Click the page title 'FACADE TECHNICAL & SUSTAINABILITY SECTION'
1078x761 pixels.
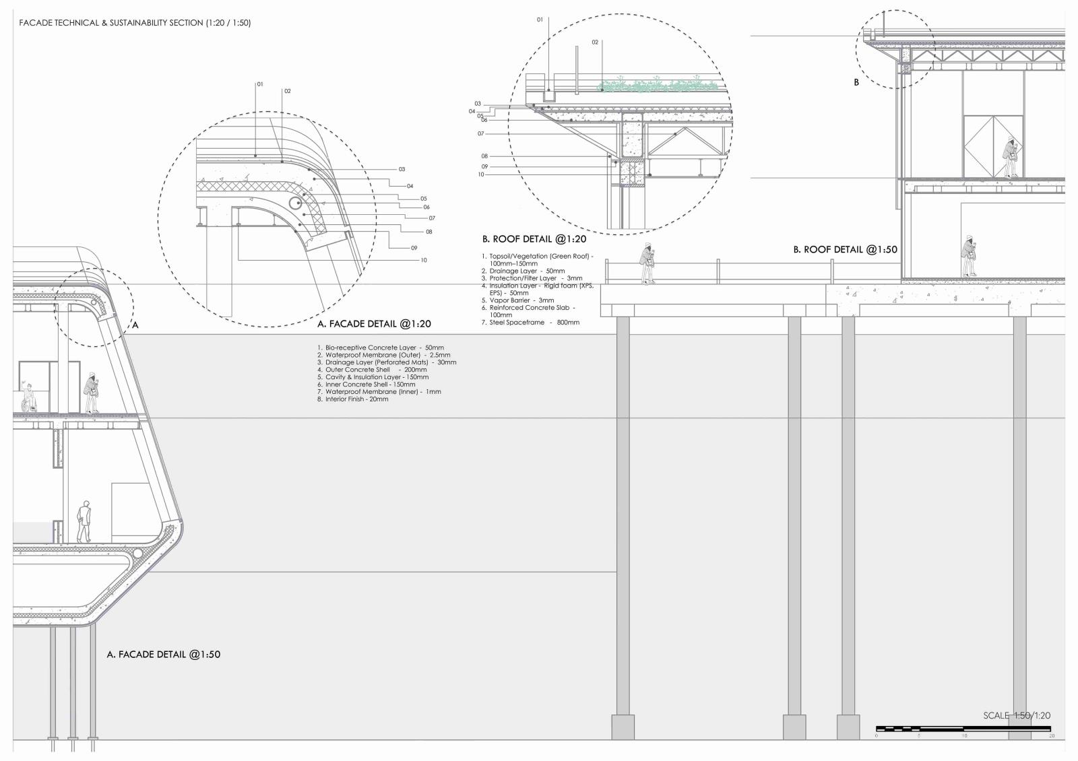click(135, 23)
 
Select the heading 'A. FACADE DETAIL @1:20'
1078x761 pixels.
click(374, 324)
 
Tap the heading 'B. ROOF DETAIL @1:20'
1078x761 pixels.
click(534, 239)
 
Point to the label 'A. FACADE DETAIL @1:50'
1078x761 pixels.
click(164, 655)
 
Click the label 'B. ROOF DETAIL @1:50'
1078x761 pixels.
click(845, 250)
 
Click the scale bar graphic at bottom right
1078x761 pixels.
click(963, 729)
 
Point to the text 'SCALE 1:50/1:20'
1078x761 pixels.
click(1016, 716)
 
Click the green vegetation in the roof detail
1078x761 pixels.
click(660, 86)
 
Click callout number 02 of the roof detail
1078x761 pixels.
click(595, 42)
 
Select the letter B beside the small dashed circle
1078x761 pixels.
click(856, 83)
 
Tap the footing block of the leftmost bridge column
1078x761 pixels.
click(623, 727)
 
